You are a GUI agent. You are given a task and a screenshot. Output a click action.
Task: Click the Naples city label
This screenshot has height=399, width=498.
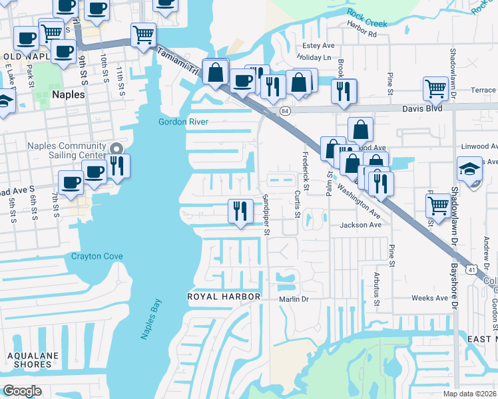(66, 94)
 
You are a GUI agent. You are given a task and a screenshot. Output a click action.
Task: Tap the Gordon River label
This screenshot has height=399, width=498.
(183, 122)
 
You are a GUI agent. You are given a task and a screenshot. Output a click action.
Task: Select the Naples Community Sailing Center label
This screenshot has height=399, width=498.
(66, 151)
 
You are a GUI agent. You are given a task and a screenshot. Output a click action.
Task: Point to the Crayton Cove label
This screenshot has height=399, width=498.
(97, 256)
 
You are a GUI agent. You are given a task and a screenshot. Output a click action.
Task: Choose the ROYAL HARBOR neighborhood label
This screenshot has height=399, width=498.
(222, 295)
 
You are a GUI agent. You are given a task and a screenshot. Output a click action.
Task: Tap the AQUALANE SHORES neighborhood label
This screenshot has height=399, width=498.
(29, 360)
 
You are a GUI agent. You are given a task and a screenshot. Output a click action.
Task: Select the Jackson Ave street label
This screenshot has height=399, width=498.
(360, 225)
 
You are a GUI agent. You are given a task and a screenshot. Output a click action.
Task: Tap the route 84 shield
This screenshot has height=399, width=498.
(284, 110)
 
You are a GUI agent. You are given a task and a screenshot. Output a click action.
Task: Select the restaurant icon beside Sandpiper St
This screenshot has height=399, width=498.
(240, 211)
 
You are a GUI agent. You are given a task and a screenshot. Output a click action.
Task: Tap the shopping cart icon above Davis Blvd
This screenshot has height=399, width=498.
(435, 87)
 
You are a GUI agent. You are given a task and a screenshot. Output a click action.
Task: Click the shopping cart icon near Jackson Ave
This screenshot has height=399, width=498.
(438, 205)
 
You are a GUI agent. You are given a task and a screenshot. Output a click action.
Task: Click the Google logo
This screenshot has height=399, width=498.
(22, 390)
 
